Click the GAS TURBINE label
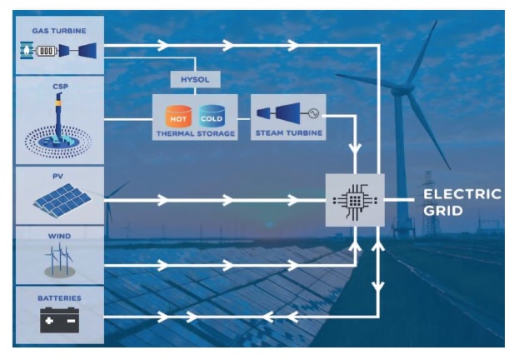point(59,30)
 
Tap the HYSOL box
point(194,79)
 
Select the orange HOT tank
point(178,114)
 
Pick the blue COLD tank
point(212,114)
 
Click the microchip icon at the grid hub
point(355,200)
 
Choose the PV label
point(59,174)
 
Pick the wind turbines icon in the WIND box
point(59,258)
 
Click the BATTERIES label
point(59,296)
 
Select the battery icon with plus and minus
point(59,320)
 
